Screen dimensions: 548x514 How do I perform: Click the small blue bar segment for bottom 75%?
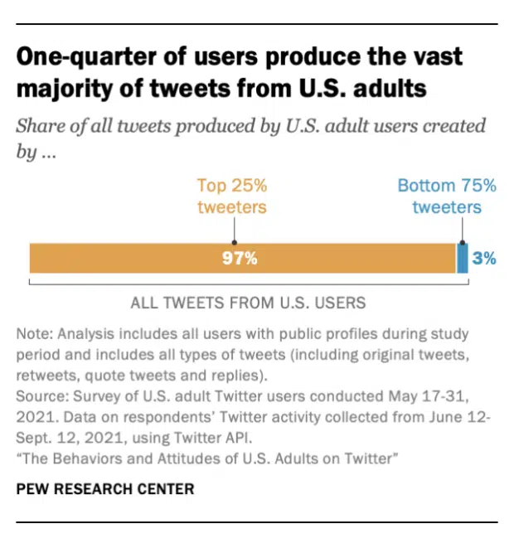pyautogui.click(x=463, y=258)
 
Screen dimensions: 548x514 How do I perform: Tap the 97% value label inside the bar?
pyautogui.click(x=240, y=258)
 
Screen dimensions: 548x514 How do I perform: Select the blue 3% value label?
pyautogui.click(x=484, y=258)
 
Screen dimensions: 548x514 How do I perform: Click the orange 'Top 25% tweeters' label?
pyautogui.click(x=232, y=196)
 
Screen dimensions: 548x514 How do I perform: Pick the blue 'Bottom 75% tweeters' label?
pyautogui.click(x=447, y=196)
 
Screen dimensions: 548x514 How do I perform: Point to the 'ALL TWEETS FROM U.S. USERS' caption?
pyautogui.click(x=248, y=303)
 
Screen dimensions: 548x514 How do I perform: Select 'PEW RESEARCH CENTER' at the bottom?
pyautogui.click(x=104, y=489)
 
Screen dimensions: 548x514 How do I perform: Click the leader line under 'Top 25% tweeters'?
pyautogui.click(x=232, y=229)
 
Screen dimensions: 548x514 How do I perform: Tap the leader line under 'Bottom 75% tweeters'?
pyautogui.click(x=461, y=229)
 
